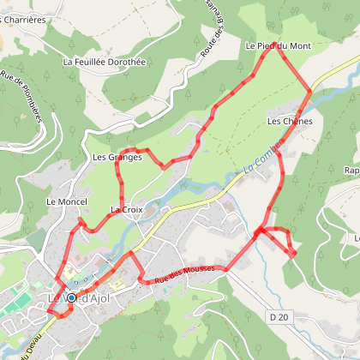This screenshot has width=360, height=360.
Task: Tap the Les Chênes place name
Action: pos(290,122)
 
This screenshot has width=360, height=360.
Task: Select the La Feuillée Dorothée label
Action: pos(105,62)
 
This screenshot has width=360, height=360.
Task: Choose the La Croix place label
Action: pos(125,210)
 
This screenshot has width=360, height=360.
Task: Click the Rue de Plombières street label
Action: pos(24,94)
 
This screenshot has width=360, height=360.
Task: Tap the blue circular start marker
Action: pos(71,298)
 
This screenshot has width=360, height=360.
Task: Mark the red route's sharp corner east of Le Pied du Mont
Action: pos(311,89)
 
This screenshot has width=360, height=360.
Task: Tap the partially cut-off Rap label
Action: pos(351,170)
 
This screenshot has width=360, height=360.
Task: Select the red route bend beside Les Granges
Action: pos(120,171)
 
